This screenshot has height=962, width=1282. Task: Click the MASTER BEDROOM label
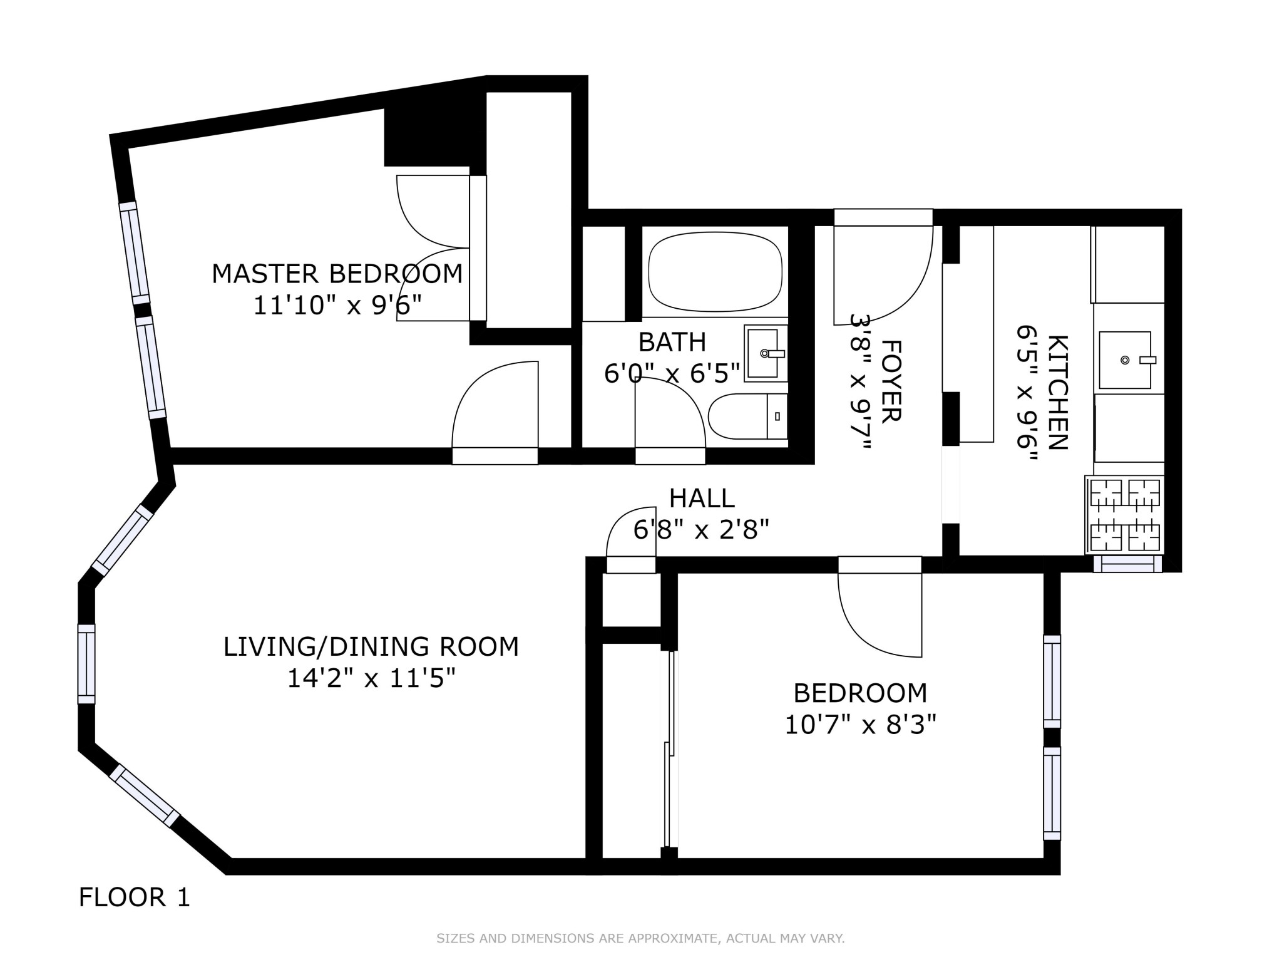[x=337, y=274]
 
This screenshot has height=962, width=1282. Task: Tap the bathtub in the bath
[x=715, y=272]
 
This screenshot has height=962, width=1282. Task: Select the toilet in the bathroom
[x=746, y=416]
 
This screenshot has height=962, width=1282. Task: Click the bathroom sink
[x=764, y=353]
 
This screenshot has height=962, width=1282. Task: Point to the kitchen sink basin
[x=1125, y=360]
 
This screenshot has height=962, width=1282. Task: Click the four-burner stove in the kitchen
[x=1125, y=515]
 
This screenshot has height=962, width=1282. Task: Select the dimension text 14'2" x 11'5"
[x=371, y=678]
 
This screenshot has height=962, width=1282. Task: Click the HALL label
[x=701, y=499]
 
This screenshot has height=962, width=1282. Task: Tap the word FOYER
[x=890, y=380]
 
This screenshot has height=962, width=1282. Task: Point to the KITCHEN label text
[x=1057, y=392]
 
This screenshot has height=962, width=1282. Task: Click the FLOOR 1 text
[x=134, y=897]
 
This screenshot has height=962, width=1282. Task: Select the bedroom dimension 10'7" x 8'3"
[x=859, y=725]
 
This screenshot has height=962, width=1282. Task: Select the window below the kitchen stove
[x=1127, y=564]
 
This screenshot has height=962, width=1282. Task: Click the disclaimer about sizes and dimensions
[x=640, y=938]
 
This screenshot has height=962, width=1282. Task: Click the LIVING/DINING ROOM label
[x=371, y=646]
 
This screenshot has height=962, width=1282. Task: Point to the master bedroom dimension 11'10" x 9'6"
[x=337, y=306]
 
